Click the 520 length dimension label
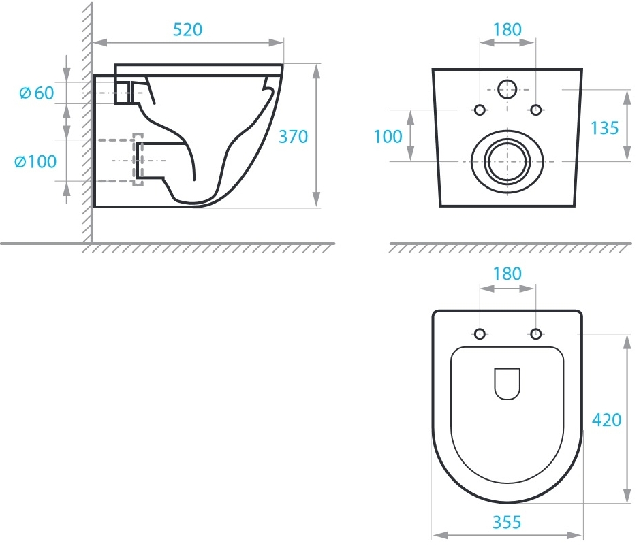187,29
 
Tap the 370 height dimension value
293,136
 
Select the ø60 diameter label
37,93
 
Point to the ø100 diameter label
35,161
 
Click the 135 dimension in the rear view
605,128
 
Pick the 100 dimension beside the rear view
388,136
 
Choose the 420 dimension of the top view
607,420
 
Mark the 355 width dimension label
507,522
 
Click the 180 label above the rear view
507,29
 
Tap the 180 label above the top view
507,274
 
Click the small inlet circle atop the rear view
507,89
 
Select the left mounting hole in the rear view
480,110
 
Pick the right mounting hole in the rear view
535,110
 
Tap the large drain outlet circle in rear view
507,161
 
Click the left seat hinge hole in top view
480,334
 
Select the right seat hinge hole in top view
535,334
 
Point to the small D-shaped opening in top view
507,384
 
